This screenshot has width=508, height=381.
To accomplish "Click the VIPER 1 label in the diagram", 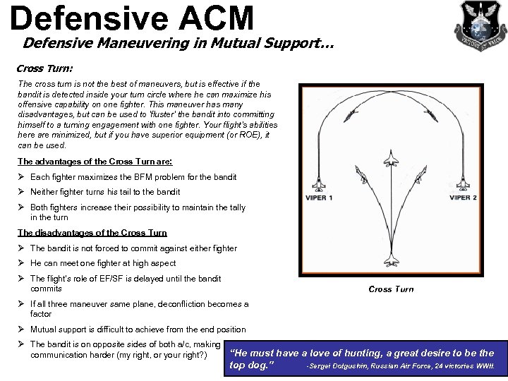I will coord(320,198).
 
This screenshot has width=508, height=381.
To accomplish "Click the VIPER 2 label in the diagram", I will coord(463,198).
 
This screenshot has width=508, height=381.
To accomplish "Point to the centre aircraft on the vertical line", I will coord(392,161).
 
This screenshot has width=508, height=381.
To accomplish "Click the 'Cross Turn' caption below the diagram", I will coord(391,289).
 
